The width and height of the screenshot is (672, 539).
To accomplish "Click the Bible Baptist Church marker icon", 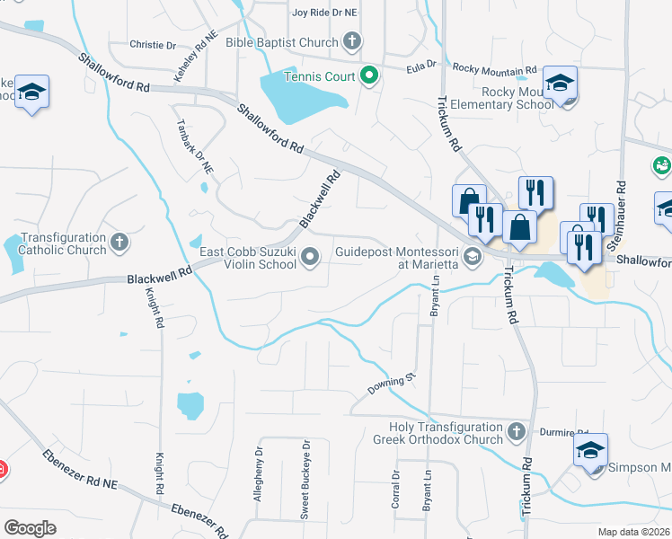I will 352,41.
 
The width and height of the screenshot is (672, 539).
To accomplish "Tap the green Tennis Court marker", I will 368,75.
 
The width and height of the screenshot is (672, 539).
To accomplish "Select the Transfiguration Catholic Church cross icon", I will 119,242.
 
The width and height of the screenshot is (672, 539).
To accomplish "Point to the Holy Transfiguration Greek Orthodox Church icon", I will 516,432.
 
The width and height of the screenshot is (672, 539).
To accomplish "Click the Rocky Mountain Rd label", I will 494,68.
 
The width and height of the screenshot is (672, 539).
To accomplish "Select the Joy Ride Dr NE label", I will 325,13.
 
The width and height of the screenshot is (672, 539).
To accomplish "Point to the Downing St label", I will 393,385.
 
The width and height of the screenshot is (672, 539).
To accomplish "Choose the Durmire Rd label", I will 557,432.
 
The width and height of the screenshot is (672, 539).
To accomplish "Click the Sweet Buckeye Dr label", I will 305,491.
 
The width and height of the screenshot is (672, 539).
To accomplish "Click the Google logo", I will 30,527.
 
